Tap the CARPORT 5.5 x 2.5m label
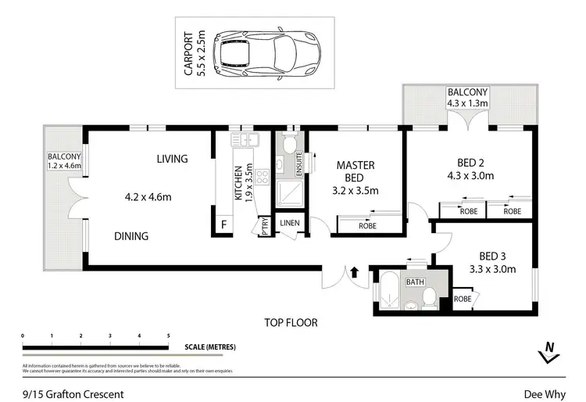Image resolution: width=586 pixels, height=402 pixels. pyautogui.click(x=194, y=53)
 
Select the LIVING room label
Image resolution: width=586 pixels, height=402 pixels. pyautogui.click(x=172, y=159)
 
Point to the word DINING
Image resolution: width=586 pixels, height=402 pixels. pyautogui.click(x=131, y=236)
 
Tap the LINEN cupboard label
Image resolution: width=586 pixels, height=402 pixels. pyautogui.click(x=289, y=224)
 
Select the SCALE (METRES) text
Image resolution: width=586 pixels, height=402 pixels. pyautogui.click(x=210, y=346)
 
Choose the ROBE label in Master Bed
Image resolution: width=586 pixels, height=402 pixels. pyautogui.click(x=366, y=225)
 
